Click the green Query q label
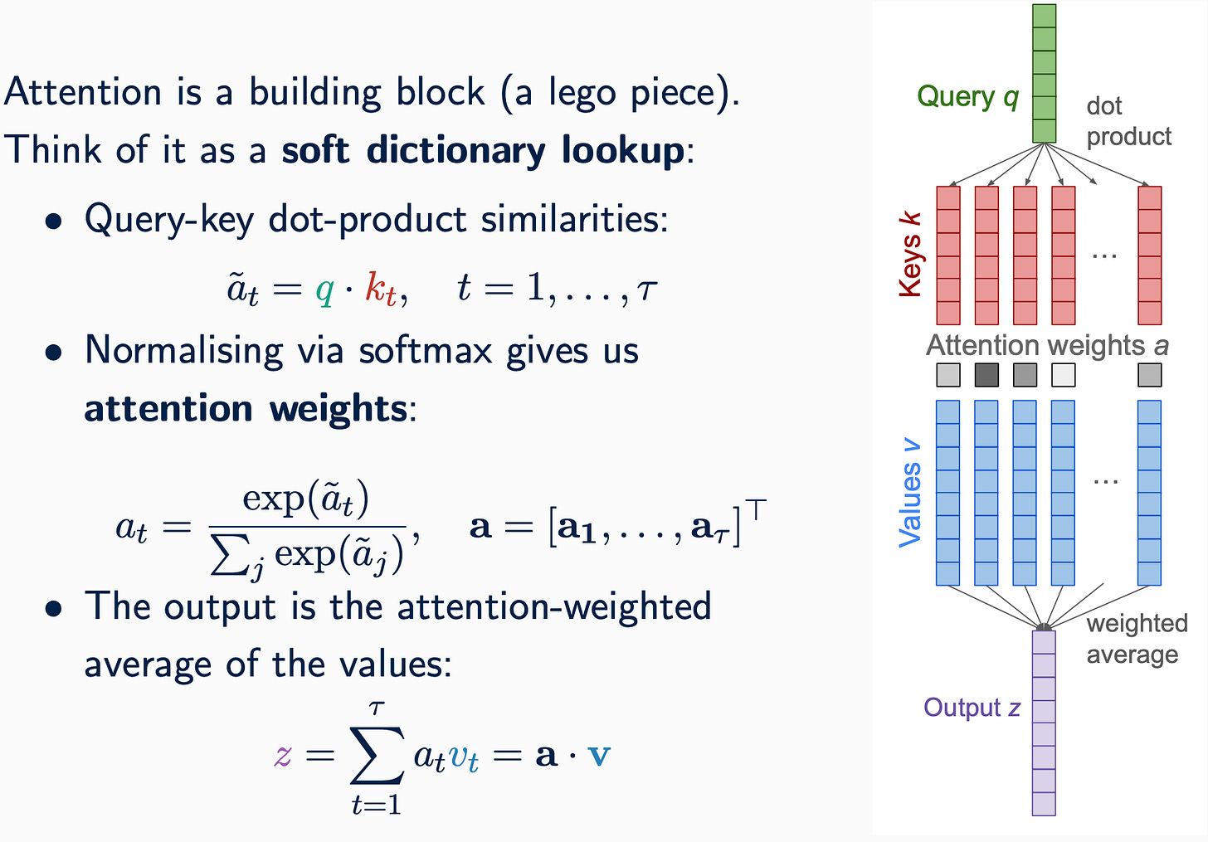[x=967, y=98]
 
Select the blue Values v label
[x=910, y=493]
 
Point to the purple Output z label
[x=972, y=708]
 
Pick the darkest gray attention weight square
[x=986, y=375]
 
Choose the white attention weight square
[x=1063, y=375]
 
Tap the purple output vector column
[x=1044, y=723]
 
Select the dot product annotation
[x=1128, y=121]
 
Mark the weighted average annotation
[x=1137, y=639]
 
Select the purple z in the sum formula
[x=283, y=755]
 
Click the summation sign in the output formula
[x=377, y=754]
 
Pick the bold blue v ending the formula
[x=598, y=755]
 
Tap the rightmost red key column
[x=1149, y=255]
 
